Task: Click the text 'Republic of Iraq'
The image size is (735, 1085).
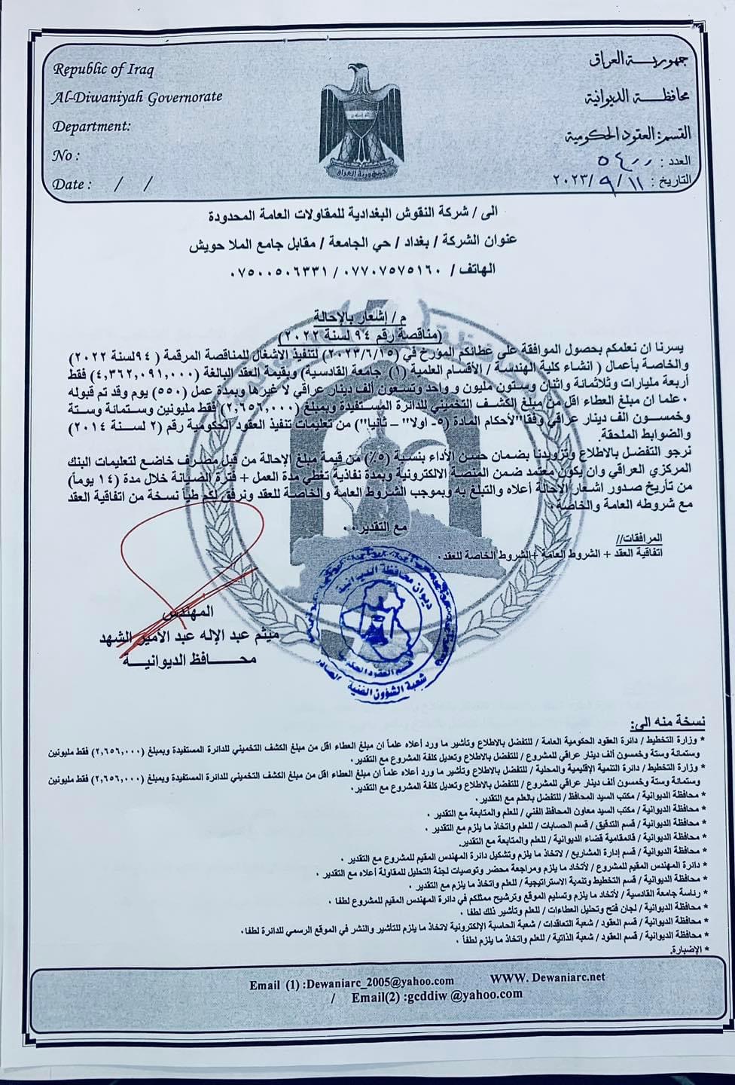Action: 102,70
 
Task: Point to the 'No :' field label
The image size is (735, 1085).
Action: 66,155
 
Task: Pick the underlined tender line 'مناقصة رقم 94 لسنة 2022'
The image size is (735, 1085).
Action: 369,333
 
